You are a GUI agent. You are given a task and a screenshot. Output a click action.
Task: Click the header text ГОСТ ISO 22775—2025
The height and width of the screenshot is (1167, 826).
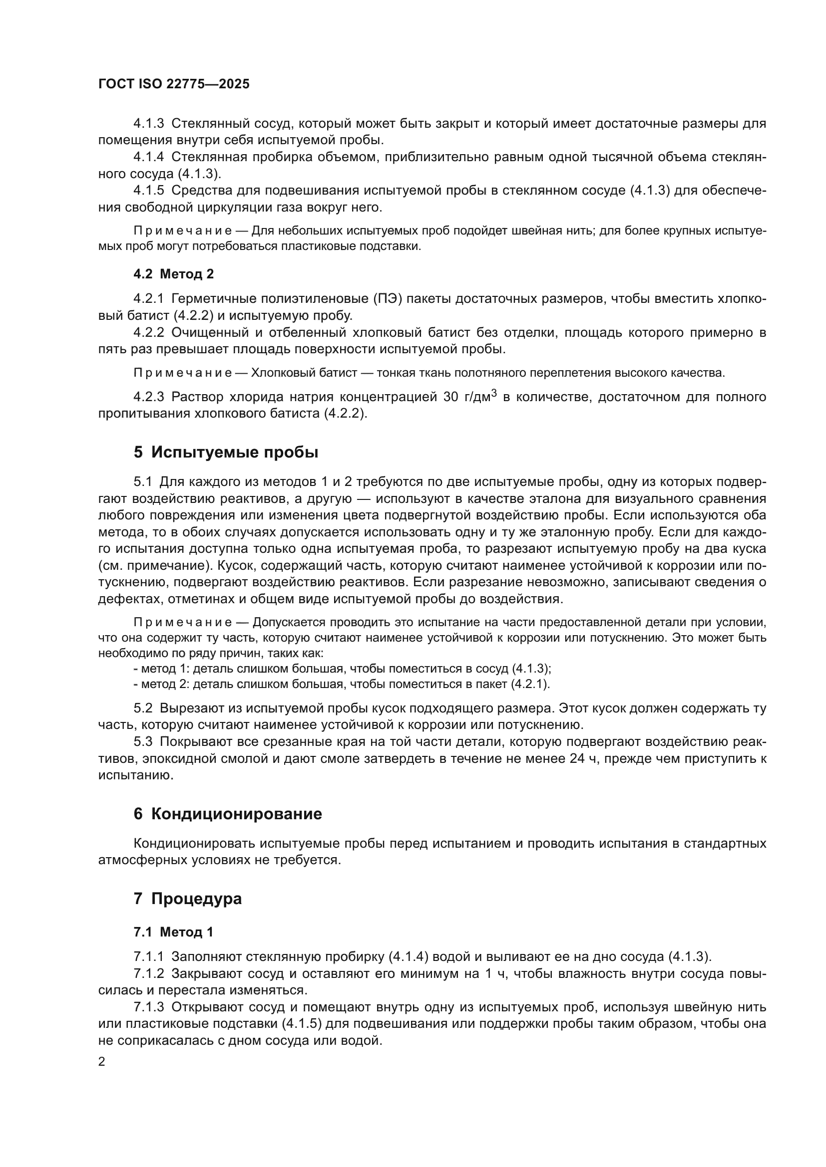coord(173,84)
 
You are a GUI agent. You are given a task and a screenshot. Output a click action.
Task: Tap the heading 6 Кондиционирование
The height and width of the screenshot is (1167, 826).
coord(227,813)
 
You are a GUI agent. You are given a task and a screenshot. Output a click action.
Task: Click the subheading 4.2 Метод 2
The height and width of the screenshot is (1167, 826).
coord(173,274)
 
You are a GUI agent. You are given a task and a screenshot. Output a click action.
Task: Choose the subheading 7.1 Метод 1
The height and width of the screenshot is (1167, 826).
coord(173,932)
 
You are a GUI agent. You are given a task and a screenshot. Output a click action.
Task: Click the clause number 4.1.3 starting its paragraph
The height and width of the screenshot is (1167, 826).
coord(148,124)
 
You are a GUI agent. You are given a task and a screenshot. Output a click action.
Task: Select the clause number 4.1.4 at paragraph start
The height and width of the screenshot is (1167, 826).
coord(148,157)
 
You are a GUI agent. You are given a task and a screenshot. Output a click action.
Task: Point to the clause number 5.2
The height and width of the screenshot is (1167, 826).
coord(143,708)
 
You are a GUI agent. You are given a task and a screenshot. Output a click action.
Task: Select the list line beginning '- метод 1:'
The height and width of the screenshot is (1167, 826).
coord(342,669)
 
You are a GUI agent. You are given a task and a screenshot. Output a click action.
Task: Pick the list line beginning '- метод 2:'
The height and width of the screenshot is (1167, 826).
coord(342,684)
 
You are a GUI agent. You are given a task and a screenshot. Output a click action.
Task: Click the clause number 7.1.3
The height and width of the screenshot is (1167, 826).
coord(148,1007)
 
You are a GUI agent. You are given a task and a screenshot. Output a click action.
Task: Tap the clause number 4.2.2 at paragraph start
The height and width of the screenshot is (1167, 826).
coord(148,332)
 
